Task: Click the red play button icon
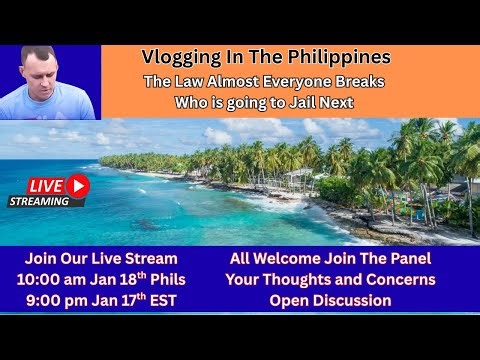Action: coord(78,185)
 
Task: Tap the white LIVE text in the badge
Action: coord(46,186)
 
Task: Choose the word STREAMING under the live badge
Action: coord(39,201)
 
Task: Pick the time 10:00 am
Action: coord(51,279)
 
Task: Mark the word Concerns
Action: coord(399,279)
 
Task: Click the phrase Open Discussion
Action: coord(330,300)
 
